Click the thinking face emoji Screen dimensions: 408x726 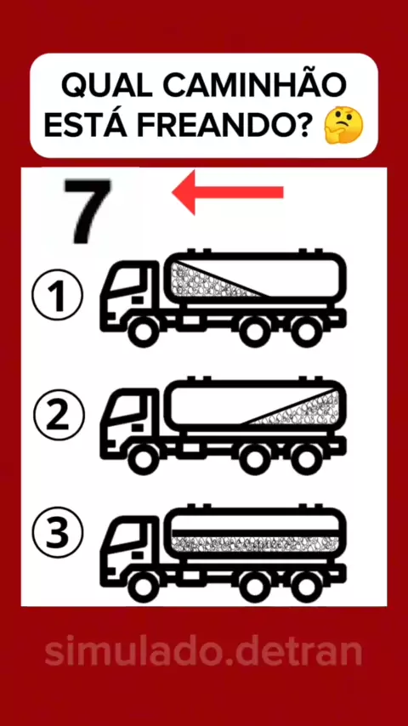[x=343, y=126]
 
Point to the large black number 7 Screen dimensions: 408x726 [x=88, y=211]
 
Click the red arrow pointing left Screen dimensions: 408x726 [x=228, y=192]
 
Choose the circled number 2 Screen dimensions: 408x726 [x=59, y=415]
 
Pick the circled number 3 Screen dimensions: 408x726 [x=58, y=534]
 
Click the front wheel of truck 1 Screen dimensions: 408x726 [x=143, y=332]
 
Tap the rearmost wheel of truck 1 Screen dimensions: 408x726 [x=305, y=332]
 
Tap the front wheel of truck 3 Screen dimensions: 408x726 [x=143, y=587]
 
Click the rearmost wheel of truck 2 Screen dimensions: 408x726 [x=305, y=459]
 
